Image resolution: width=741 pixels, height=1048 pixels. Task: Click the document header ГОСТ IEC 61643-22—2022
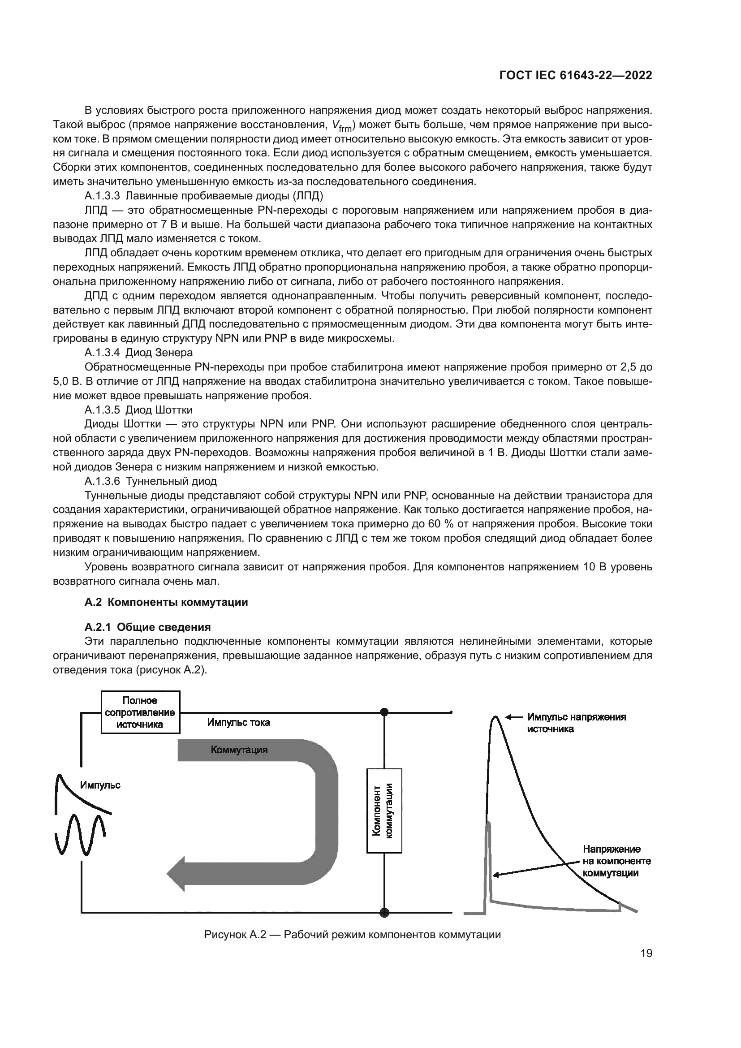click(575, 75)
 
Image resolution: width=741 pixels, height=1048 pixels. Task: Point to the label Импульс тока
click(238, 723)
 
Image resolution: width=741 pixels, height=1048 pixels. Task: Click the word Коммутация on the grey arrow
click(239, 750)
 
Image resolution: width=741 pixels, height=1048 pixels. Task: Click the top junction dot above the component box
click(384, 712)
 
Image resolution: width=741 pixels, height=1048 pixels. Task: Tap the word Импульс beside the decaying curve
click(100, 785)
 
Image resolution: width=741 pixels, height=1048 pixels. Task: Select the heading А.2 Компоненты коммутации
click(166, 602)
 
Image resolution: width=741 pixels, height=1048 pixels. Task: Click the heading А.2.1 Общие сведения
click(147, 627)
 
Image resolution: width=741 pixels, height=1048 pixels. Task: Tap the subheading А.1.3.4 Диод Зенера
click(138, 352)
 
